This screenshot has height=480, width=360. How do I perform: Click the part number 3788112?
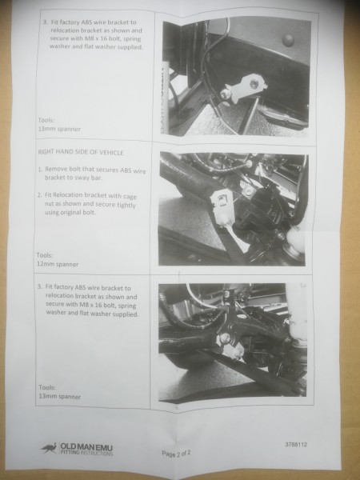pyautogui.click(x=296, y=445)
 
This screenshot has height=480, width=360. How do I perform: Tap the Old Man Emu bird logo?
pyautogui.click(x=49, y=448)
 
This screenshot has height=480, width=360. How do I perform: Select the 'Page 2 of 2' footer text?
pyautogui.click(x=176, y=454)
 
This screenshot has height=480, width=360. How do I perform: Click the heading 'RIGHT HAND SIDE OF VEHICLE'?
pyautogui.click(x=81, y=152)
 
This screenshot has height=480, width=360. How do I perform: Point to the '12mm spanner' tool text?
pyautogui.click(x=58, y=264)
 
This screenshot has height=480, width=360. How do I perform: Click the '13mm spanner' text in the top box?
pyautogui.click(x=59, y=129)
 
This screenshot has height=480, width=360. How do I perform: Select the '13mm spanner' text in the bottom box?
pyautogui.click(x=60, y=397)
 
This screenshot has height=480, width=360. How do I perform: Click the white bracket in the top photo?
pyautogui.click(x=245, y=87)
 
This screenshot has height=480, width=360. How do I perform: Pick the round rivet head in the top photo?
pyautogui.click(x=288, y=39)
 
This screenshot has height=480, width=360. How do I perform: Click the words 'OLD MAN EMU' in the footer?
pyautogui.click(x=86, y=447)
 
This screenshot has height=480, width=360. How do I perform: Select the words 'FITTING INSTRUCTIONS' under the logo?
pyautogui.click(x=86, y=453)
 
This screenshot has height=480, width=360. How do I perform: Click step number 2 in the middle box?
pyautogui.click(x=39, y=195)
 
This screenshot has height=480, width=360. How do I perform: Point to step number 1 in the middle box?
pyautogui.click(x=40, y=169)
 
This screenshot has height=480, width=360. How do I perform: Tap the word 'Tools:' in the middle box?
pyautogui.click(x=45, y=255)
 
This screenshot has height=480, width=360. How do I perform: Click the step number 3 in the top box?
pyautogui.click(x=45, y=22)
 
